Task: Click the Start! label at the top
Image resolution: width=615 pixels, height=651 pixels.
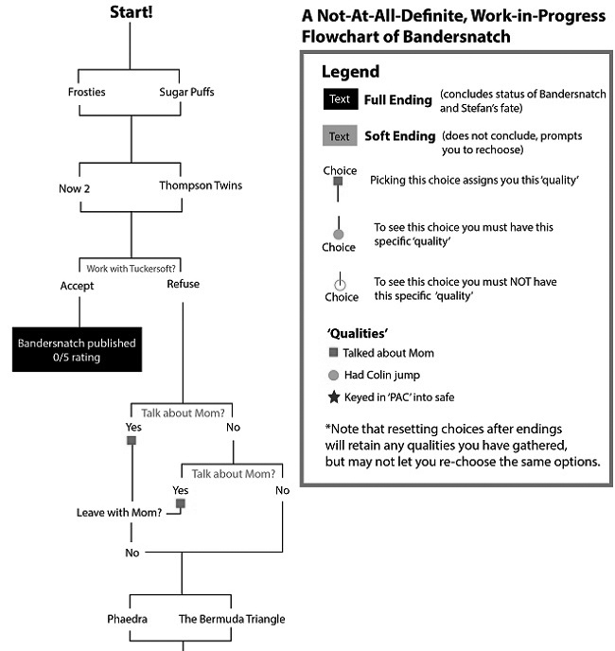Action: pyautogui.click(x=132, y=12)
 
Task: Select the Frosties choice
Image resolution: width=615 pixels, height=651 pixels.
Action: pyautogui.click(x=87, y=92)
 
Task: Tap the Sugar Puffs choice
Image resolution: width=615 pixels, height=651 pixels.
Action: pyautogui.click(x=187, y=92)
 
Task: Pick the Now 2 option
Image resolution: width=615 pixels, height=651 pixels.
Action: pyautogui.click(x=75, y=188)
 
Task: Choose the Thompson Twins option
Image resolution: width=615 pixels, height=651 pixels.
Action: pyautogui.click(x=201, y=185)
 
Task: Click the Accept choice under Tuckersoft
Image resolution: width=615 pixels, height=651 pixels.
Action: pyautogui.click(x=77, y=286)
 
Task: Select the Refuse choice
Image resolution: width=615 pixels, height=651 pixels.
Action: pyautogui.click(x=184, y=284)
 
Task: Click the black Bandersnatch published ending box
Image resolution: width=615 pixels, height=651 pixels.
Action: pyautogui.click(x=77, y=349)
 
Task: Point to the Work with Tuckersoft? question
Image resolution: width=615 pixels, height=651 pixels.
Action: pyautogui.click(x=131, y=269)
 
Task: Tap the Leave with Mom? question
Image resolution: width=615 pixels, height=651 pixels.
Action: pyautogui.click(x=119, y=513)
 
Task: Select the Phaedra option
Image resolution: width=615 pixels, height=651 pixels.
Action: pyautogui.click(x=127, y=619)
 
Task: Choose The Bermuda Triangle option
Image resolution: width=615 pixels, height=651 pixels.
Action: pyautogui.click(x=232, y=619)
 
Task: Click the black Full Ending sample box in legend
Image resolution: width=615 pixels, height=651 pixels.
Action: pyautogui.click(x=341, y=99)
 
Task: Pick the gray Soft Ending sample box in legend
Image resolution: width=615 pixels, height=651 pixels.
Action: pyautogui.click(x=340, y=135)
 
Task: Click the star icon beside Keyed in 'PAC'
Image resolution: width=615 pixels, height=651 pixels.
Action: pyautogui.click(x=334, y=397)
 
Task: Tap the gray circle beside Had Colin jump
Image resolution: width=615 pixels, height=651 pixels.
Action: pyautogui.click(x=333, y=376)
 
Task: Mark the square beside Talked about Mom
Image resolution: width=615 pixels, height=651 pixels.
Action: pyautogui.click(x=333, y=353)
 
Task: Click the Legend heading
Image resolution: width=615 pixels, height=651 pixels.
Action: pyautogui.click(x=350, y=72)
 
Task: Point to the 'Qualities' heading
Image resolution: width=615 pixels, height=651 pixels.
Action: pyautogui.click(x=357, y=333)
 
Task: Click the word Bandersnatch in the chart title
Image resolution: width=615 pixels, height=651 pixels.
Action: pyautogui.click(x=456, y=37)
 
